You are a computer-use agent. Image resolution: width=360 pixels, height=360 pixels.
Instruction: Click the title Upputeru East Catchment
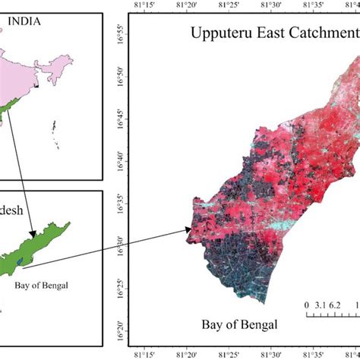pos(273,34)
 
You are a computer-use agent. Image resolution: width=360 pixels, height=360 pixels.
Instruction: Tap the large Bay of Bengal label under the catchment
pos(239,325)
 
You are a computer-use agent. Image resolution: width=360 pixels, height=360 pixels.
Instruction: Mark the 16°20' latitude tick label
pos(118,329)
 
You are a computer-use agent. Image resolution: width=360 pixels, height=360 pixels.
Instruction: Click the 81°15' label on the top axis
pos(145,5)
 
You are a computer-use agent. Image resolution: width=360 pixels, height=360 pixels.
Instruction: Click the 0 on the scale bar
pos(307,305)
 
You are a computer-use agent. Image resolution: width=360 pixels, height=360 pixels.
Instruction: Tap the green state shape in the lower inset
pos(38,243)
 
